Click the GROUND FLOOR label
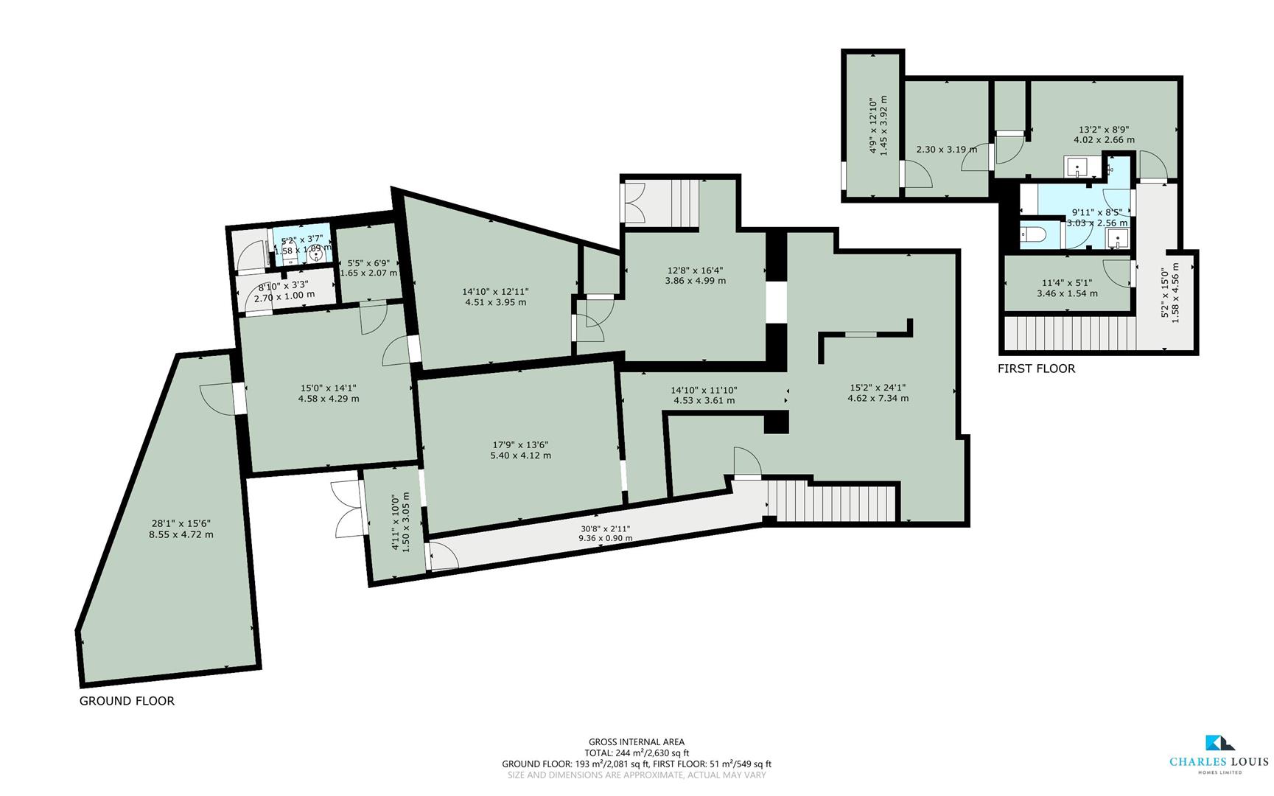[x=127, y=701]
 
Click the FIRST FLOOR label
[x=1036, y=369]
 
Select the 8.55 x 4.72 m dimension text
[x=181, y=534]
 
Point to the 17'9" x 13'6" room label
[x=520, y=444]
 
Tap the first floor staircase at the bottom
[x=1068, y=333]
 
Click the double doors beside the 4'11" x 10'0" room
[x=347, y=509]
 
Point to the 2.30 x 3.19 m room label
[x=946, y=150]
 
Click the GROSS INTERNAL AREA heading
[x=636, y=742]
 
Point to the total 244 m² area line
[x=636, y=753]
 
